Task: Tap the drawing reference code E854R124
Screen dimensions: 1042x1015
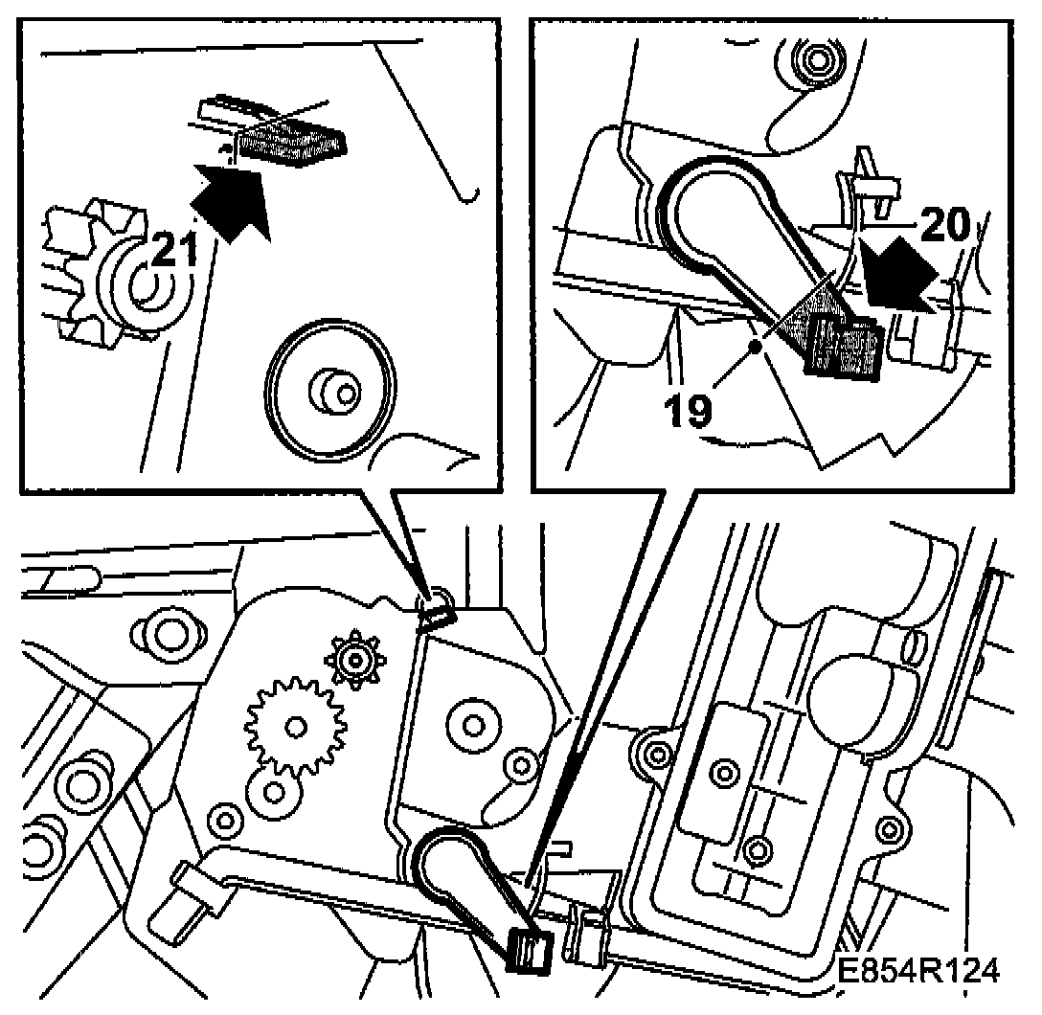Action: (x=917, y=971)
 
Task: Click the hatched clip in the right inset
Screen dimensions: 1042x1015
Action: (x=843, y=344)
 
